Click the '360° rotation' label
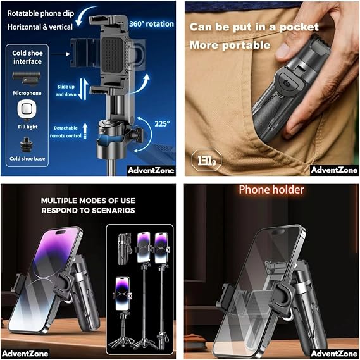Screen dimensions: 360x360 (x=151, y=24)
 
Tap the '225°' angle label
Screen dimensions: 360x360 (x=162, y=124)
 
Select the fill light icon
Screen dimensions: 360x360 (x=27, y=110)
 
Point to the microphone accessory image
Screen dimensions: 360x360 (x=27, y=78)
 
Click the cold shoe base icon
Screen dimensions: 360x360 (x=27, y=145)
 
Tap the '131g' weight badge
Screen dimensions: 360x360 (x=206, y=160)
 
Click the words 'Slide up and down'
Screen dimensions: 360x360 (x=66, y=90)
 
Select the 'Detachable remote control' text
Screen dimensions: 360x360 (x=66, y=132)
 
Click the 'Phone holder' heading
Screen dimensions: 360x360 (x=271, y=190)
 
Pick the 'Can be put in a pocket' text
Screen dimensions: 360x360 (x=254, y=27)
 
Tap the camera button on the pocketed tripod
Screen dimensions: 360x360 (x=286, y=83)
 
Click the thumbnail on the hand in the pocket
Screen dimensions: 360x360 (x=283, y=50)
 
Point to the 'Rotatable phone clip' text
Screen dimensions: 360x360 (x=41, y=13)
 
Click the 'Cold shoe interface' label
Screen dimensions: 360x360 (x=27, y=57)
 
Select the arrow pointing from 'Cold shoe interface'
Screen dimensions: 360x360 (x=60, y=54)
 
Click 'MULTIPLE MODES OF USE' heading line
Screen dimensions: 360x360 (x=88, y=201)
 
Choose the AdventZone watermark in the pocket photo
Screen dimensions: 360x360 (x=334, y=170)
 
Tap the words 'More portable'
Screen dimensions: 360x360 (x=230, y=45)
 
